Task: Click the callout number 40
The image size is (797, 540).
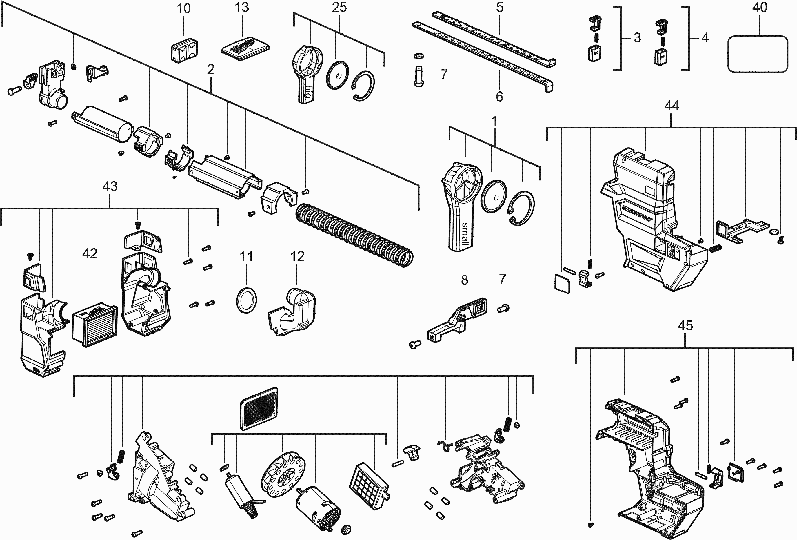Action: tap(760, 7)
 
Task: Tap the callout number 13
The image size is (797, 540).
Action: tap(241, 7)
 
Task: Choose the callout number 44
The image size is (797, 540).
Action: tap(672, 106)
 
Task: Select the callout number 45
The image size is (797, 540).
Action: tap(685, 325)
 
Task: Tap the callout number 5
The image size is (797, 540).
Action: tap(500, 7)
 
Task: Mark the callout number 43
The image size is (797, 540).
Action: tap(110, 186)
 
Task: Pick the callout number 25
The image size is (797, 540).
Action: tap(339, 7)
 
